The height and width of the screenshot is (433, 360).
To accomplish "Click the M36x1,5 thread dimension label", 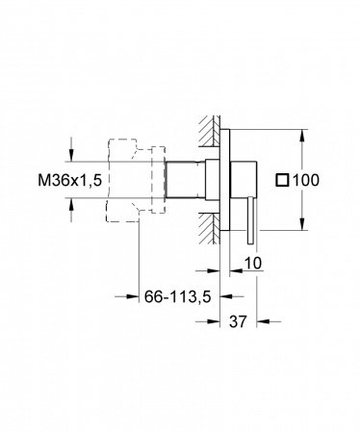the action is coord(70,180).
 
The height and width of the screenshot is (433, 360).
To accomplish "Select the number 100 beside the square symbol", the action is coord(306,180).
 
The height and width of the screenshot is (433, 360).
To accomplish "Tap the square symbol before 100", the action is coord(282,180).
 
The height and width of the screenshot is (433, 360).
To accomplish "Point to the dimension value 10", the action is coord(253,263).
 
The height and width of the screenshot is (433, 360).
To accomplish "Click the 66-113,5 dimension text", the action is coord(177,296).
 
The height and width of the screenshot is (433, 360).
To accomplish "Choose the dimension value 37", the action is coord(238,321).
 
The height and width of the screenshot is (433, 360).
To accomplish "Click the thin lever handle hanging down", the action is coord(251,221).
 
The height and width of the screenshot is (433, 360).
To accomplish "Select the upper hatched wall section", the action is coord(209,131).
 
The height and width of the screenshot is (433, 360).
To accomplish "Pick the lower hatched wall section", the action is coord(209,229).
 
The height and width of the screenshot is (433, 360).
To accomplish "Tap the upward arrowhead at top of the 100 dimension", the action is coord(302,137).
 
